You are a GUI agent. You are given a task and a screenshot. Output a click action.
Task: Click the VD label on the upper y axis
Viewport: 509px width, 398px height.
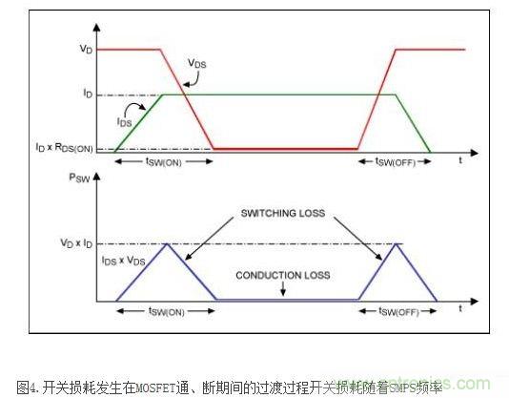point(87,48)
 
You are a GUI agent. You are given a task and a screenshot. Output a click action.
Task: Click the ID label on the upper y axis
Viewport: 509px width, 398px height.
point(88,94)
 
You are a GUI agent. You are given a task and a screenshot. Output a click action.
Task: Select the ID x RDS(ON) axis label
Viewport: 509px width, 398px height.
point(72,148)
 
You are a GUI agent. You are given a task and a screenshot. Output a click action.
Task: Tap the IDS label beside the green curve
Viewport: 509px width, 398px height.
point(125,123)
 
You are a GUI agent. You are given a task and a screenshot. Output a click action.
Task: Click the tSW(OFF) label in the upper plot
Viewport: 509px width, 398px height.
point(394,162)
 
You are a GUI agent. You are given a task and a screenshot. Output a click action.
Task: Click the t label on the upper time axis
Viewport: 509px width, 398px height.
point(459,161)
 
